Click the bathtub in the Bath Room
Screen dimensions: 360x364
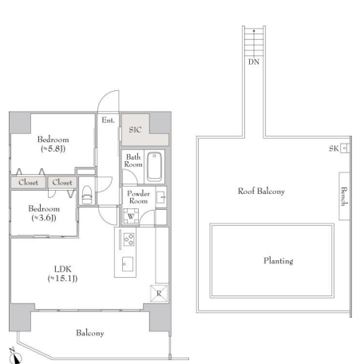(x=154, y=166)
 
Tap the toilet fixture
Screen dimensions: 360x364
(x=87, y=195)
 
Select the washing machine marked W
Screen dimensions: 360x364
(x=131, y=216)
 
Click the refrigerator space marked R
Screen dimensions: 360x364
(x=159, y=293)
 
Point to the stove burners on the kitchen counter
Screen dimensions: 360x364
(x=129, y=239)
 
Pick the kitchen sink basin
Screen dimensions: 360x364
(x=128, y=264)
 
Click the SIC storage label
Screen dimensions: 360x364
(x=135, y=130)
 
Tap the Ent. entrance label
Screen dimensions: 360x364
(x=109, y=121)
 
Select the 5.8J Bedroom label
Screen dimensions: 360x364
(x=53, y=144)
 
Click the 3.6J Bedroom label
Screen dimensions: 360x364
(x=44, y=213)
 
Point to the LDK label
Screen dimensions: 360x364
(x=62, y=274)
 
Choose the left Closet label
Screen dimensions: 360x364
(x=28, y=183)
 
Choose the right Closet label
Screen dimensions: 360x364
(x=62, y=183)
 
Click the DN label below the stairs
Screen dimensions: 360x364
(x=254, y=62)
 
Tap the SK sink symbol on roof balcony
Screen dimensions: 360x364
(x=344, y=148)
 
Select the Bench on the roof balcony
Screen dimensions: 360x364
(x=344, y=196)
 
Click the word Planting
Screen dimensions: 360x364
(x=279, y=261)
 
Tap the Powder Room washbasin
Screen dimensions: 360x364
(x=161, y=197)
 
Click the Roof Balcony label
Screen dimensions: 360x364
(x=261, y=191)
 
